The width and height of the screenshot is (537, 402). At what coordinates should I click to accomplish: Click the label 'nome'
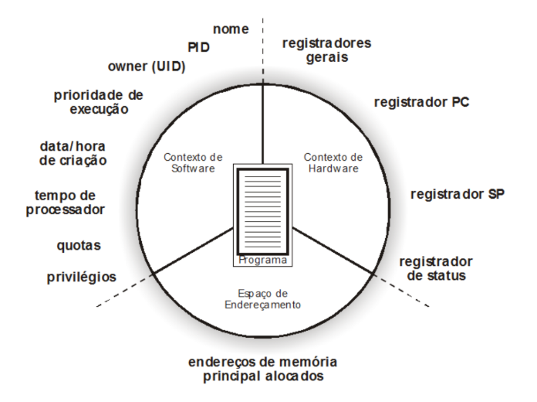(x=231, y=29)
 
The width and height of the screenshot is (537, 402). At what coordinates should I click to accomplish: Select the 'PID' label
(x=198, y=47)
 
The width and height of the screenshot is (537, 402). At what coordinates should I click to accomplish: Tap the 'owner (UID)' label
(x=147, y=66)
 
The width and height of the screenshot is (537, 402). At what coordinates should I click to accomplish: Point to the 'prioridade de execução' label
(x=99, y=102)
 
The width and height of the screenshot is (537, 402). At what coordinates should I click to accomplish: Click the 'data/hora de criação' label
(x=73, y=153)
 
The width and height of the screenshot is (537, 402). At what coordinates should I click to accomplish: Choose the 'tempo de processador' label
(x=65, y=203)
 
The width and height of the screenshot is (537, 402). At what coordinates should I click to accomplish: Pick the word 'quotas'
(x=79, y=246)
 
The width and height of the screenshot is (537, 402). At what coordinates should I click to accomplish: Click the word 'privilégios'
(x=82, y=277)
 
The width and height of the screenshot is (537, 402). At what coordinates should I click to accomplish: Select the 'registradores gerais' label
(x=326, y=50)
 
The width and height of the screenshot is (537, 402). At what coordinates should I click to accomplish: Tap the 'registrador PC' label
(x=421, y=102)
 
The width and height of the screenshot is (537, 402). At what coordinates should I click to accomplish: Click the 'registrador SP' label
(x=458, y=194)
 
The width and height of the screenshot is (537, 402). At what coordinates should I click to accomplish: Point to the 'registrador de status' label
(x=436, y=268)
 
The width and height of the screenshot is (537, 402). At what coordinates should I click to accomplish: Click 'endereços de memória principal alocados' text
(x=262, y=369)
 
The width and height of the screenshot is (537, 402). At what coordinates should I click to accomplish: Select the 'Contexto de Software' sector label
(x=193, y=162)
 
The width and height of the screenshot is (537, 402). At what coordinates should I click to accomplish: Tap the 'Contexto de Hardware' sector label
(x=333, y=162)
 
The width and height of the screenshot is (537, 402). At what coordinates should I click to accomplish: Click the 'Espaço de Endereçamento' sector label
(x=262, y=299)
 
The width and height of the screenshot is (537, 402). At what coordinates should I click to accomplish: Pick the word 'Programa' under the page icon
(x=262, y=260)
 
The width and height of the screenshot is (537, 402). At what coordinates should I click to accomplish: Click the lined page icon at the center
(x=262, y=211)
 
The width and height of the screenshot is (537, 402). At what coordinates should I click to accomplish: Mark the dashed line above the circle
(x=262, y=51)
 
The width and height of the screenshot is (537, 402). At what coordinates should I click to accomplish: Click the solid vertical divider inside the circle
(x=262, y=124)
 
